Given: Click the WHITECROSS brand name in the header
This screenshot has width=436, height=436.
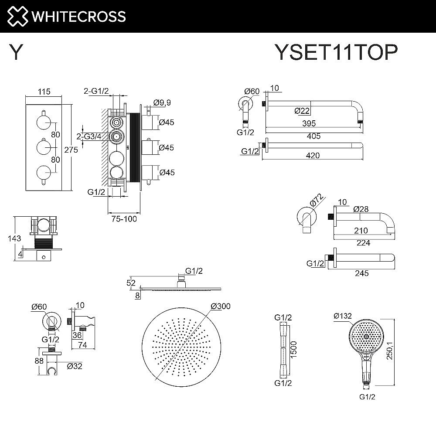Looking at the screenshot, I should (x=78, y=17).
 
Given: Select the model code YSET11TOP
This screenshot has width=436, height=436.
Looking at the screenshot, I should (x=335, y=53).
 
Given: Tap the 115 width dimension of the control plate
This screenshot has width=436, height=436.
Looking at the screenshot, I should (x=44, y=92).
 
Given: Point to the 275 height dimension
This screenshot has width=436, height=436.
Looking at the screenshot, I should (x=71, y=150).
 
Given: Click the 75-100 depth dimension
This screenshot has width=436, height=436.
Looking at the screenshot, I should (x=124, y=219).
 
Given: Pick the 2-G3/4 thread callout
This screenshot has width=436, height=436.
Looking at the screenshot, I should (x=89, y=136).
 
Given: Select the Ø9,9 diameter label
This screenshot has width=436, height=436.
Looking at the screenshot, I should (x=162, y=102).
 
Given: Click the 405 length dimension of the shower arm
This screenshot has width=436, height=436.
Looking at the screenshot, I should (x=313, y=136).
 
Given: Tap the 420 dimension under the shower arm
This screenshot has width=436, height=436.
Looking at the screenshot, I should (x=313, y=156).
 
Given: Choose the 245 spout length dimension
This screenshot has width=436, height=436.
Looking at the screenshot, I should (x=361, y=273).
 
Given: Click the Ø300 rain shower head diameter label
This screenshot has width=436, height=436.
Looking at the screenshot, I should (x=220, y=307).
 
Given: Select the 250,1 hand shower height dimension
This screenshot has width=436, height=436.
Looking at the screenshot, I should (x=402, y=350).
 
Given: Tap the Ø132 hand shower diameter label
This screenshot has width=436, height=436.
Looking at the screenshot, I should (x=342, y=315).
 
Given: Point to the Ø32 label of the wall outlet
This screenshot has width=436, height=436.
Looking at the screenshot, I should (x=75, y=366).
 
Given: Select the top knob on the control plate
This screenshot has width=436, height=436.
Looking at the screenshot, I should (x=43, y=121).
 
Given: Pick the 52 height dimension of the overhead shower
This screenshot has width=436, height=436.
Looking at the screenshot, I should (x=131, y=283).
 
